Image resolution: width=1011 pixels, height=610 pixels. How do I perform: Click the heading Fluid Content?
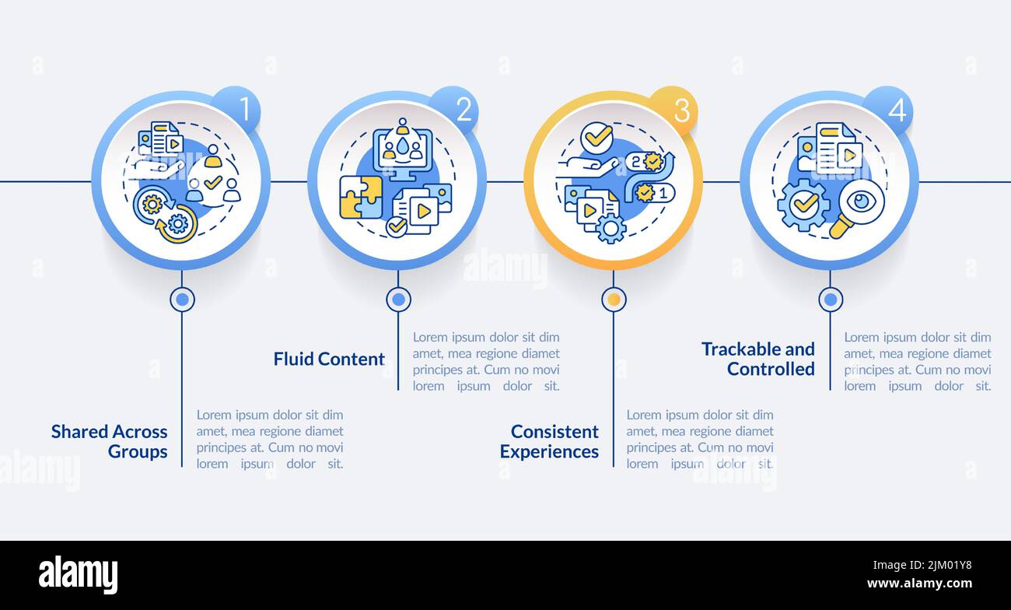329,359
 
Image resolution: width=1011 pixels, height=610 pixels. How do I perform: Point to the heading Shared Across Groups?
109,442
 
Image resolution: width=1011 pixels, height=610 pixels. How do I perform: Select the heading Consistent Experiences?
549,442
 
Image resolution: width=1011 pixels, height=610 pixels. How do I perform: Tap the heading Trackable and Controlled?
758,359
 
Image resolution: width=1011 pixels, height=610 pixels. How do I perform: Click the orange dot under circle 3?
614,300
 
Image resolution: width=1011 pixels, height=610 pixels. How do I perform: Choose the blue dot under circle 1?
182,300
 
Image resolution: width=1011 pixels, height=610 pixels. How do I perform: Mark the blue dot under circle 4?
831,300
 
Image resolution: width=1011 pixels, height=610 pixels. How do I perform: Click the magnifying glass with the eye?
857,209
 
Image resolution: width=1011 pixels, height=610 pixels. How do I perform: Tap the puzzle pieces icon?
361,198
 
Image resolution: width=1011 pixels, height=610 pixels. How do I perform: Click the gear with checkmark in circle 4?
803,205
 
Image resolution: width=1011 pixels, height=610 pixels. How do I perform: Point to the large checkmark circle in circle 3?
596,137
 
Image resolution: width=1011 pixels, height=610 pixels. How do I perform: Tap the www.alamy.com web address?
919,583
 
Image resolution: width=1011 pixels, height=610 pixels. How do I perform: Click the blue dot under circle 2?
398,300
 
